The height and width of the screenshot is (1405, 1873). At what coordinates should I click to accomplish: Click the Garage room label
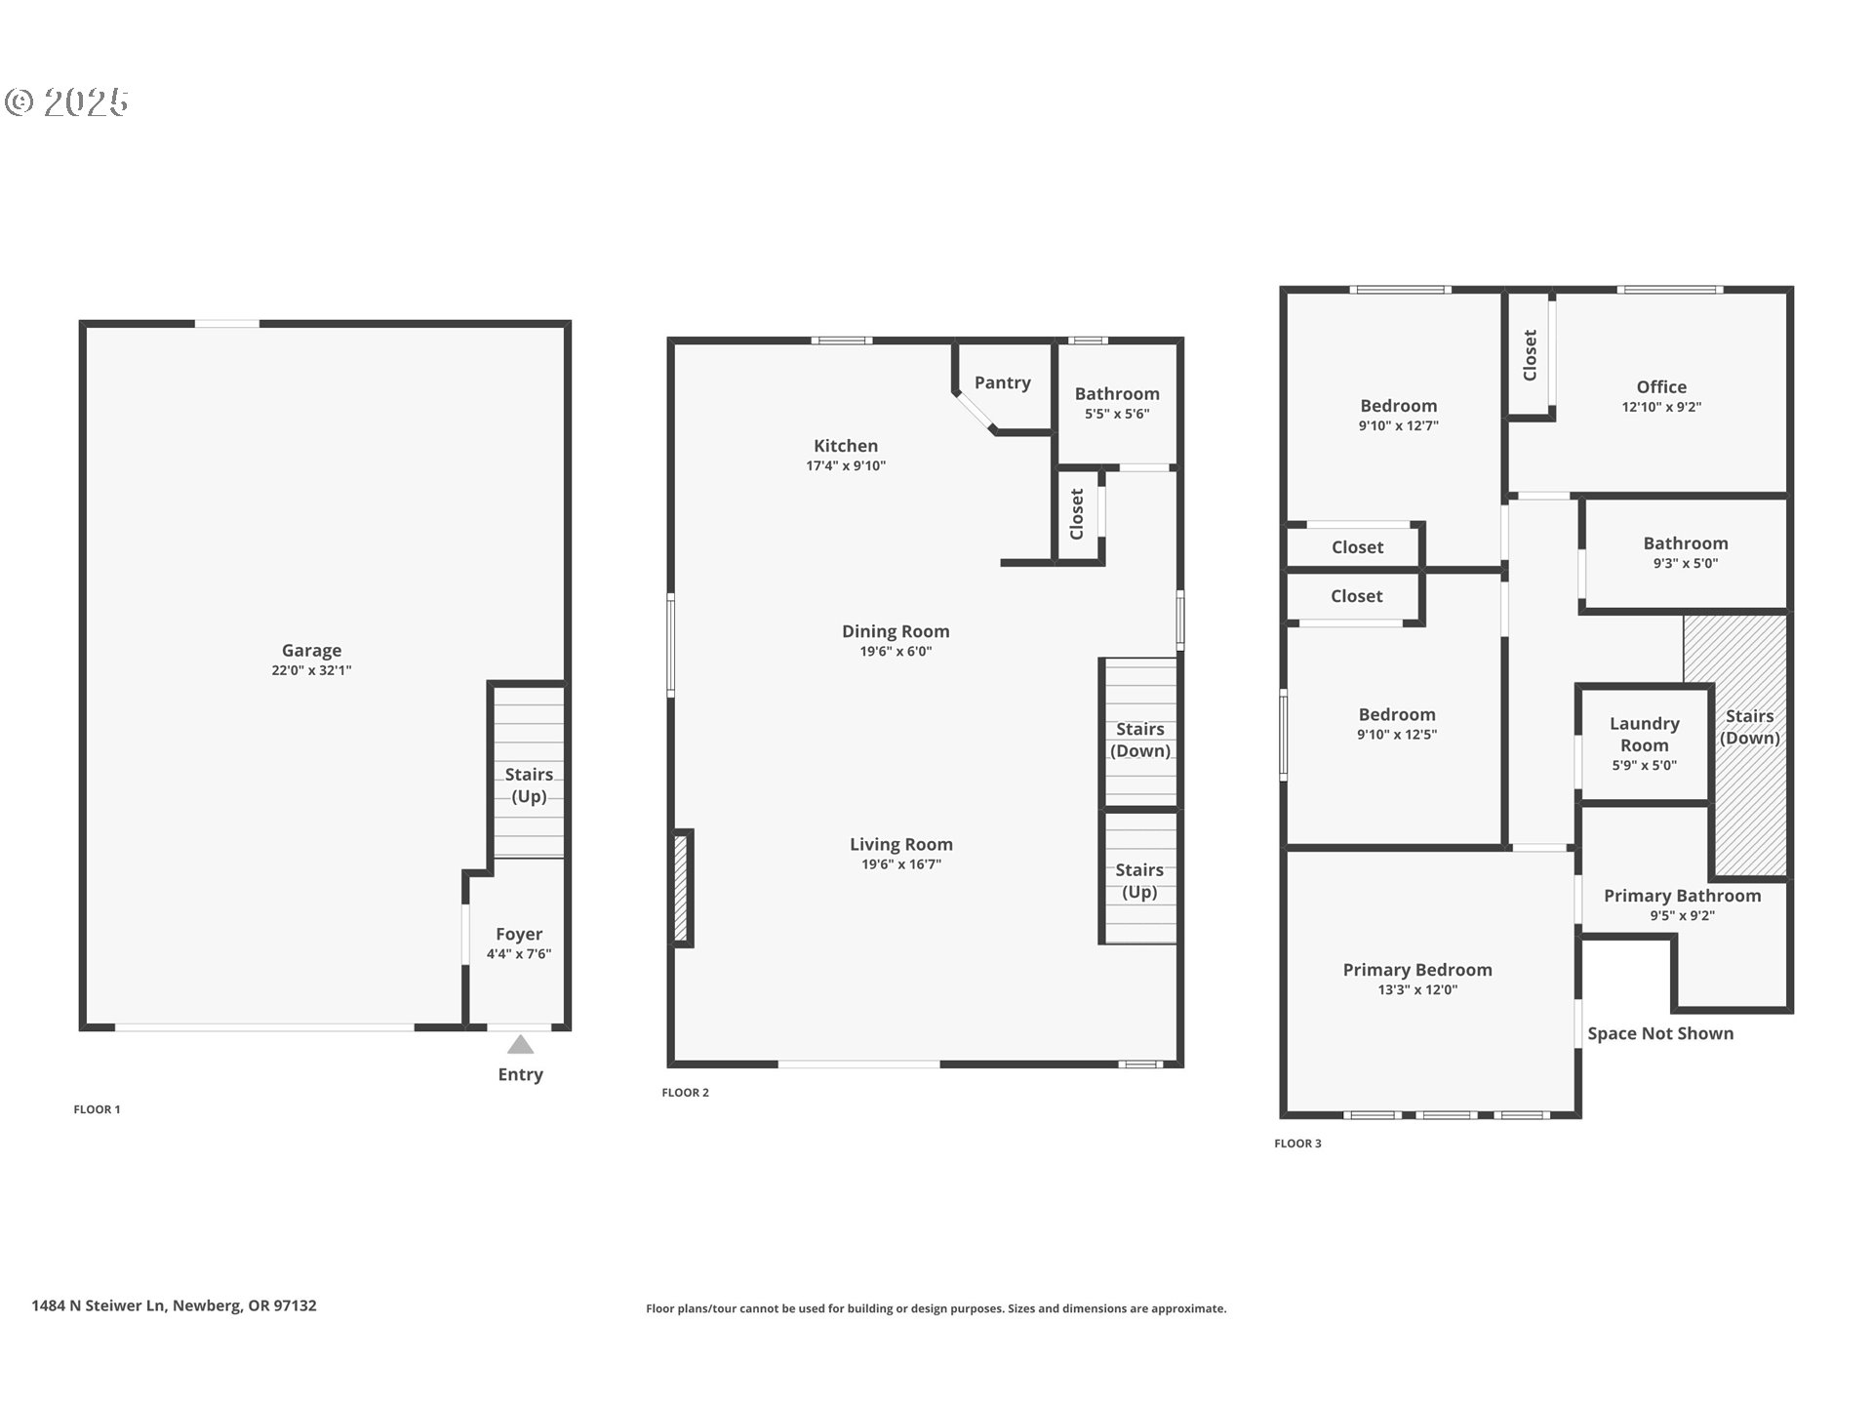click(311, 650)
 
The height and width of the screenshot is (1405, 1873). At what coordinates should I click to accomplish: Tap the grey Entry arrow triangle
click(520, 1045)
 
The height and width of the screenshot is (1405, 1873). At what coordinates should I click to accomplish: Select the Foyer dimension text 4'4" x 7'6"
click(519, 954)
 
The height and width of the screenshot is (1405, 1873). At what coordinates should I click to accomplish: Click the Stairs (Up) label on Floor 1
click(529, 784)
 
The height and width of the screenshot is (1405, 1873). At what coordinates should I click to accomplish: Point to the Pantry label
click(1002, 382)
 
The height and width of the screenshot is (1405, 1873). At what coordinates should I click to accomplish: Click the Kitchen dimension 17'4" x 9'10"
click(846, 466)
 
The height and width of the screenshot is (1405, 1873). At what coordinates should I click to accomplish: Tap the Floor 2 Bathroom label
click(1117, 393)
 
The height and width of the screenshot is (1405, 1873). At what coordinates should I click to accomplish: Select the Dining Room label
click(896, 631)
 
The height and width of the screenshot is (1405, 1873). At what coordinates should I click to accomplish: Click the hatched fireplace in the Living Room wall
click(681, 888)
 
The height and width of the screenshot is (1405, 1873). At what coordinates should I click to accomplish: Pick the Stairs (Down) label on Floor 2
click(1139, 740)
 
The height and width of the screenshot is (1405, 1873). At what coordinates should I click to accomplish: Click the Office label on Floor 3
click(1661, 386)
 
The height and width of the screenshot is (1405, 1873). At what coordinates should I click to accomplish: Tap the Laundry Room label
click(1644, 734)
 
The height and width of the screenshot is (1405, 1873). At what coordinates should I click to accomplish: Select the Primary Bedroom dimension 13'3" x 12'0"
click(1417, 989)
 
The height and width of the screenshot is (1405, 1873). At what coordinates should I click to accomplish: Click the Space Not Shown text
click(1659, 1033)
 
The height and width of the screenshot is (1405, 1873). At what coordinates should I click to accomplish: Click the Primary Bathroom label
click(1682, 895)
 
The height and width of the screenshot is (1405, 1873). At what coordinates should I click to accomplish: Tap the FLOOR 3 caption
click(1297, 1144)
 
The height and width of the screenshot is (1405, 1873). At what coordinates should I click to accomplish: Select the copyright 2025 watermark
click(66, 102)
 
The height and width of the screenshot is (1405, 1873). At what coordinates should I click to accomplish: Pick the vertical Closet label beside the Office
click(1530, 355)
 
